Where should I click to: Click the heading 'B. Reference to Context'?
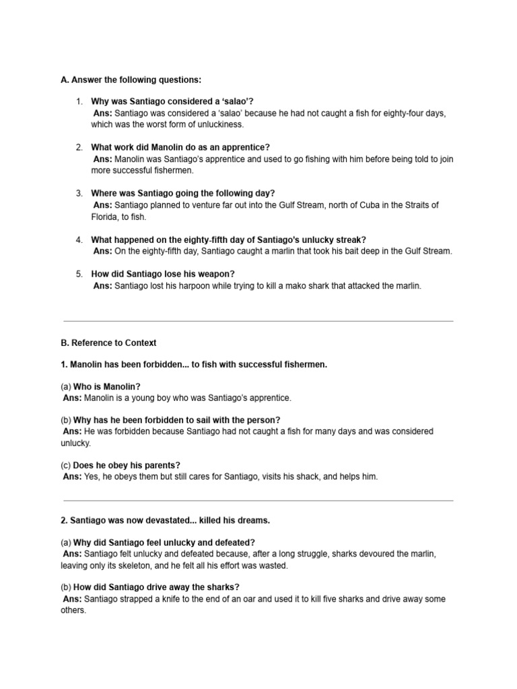pyautogui.click(x=108, y=342)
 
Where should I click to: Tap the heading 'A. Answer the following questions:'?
pyautogui.click(x=131, y=79)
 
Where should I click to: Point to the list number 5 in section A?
pyautogui.click(x=79, y=274)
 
